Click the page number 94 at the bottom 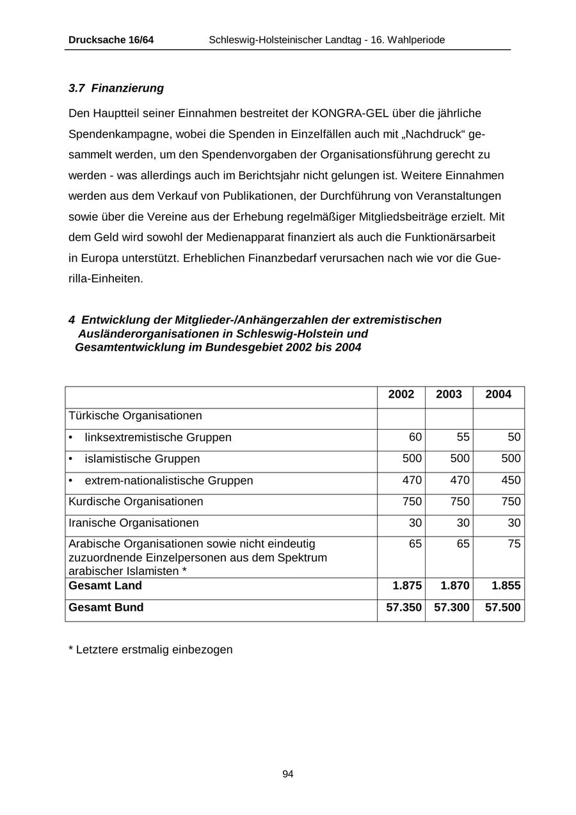(x=288, y=774)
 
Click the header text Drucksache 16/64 (x=111, y=40)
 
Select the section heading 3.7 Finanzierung (x=116, y=88)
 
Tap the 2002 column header (x=401, y=394)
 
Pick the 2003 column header (x=449, y=394)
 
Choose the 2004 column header (x=498, y=394)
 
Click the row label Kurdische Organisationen (x=136, y=501)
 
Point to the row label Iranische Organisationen (x=133, y=522)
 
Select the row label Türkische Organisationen (x=135, y=416)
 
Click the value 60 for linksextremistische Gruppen (x=415, y=437)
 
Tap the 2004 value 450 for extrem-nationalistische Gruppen (x=511, y=480)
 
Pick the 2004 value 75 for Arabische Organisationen (x=514, y=544)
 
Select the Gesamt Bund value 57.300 (x=452, y=607)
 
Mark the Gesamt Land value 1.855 (x=506, y=585)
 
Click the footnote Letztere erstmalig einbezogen (x=150, y=649)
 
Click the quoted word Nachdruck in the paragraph (x=431, y=134)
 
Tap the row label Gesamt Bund (x=106, y=607)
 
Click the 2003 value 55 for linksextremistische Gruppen (x=463, y=437)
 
